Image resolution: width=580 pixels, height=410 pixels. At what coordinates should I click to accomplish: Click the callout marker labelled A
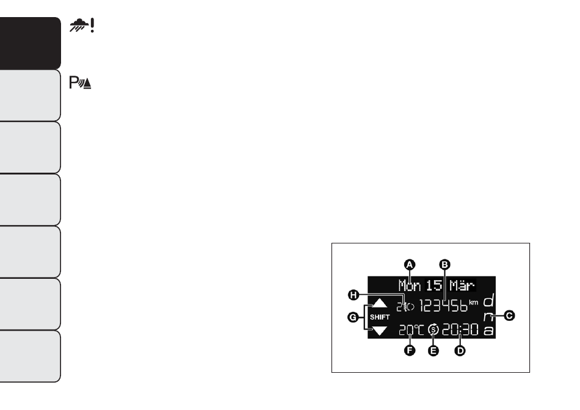pyautogui.click(x=410, y=265)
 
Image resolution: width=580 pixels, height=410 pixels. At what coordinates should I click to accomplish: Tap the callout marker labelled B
pyautogui.click(x=444, y=265)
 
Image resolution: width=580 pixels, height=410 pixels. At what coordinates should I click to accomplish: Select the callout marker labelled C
pyautogui.click(x=509, y=315)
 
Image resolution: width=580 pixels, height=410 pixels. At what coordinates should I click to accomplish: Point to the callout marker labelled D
pyautogui.click(x=460, y=350)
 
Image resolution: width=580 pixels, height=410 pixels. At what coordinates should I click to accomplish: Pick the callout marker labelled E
pyautogui.click(x=433, y=350)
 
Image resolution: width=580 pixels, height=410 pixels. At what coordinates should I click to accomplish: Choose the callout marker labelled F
pyautogui.click(x=410, y=350)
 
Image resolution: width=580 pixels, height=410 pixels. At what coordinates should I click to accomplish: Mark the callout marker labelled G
pyautogui.click(x=353, y=317)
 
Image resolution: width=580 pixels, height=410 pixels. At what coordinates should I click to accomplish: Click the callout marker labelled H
pyautogui.click(x=353, y=295)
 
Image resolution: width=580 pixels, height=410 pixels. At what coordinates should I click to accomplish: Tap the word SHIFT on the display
pyautogui.click(x=380, y=317)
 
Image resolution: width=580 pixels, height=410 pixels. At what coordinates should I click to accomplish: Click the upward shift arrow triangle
pyautogui.click(x=380, y=303)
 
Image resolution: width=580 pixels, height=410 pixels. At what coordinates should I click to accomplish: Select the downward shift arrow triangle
pyautogui.click(x=380, y=331)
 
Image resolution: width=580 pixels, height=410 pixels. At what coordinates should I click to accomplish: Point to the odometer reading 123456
pyautogui.click(x=443, y=306)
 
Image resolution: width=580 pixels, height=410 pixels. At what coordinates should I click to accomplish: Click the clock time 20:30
pyautogui.click(x=460, y=329)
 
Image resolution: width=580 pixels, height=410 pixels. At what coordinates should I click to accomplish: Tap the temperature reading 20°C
pyautogui.click(x=411, y=330)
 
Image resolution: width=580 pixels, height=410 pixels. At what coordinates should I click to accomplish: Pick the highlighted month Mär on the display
pyautogui.click(x=462, y=286)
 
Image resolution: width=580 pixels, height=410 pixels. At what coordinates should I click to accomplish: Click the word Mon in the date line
pyautogui.click(x=410, y=286)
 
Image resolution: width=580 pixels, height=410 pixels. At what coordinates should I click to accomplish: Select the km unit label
pyautogui.click(x=474, y=303)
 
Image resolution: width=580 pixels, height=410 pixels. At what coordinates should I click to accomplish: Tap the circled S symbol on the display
pyautogui.click(x=433, y=329)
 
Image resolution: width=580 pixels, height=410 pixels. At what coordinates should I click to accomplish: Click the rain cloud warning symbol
pyautogui.click(x=82, y=26)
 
